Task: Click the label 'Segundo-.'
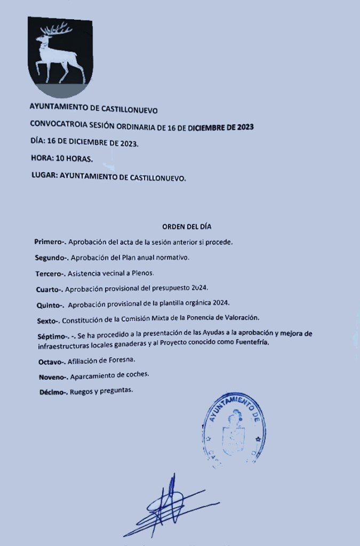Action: point(51,258)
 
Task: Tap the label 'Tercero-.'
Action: point(49,274)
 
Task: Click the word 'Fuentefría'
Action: point(250,343)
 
